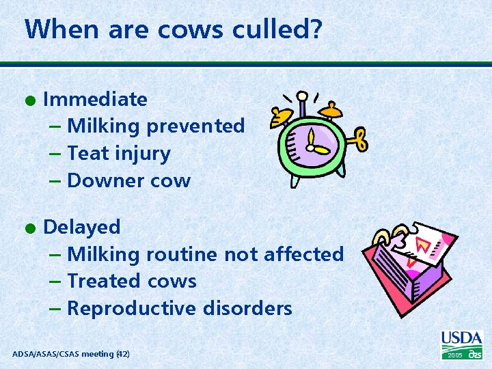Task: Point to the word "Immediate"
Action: [x=95, y=99]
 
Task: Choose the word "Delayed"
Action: [x=81, y=227]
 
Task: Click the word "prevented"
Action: [x=195, y=126]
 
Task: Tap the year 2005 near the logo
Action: [x=454, y=356]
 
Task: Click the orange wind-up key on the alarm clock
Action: [x=357, y=139]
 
